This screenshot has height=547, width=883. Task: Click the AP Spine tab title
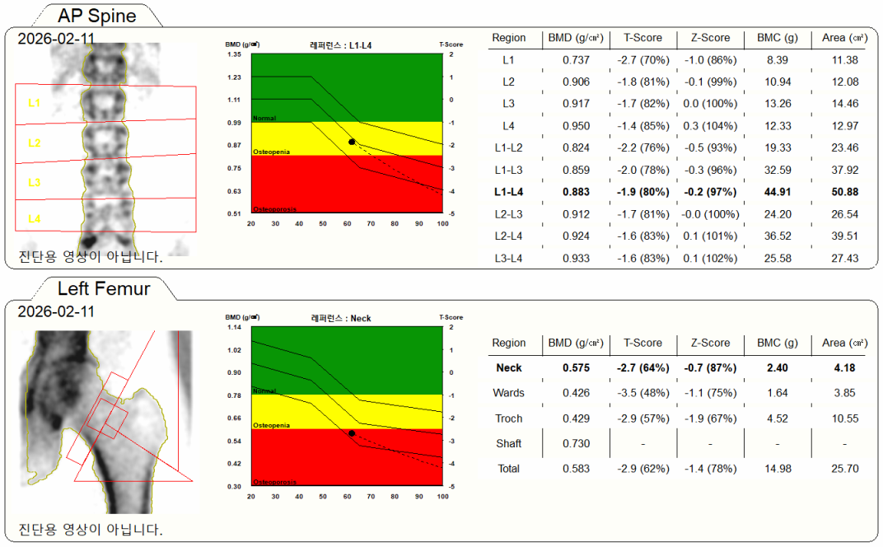point(97,15)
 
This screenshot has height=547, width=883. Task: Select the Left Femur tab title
point(104,288)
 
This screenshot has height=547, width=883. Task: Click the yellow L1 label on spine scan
point(34,103)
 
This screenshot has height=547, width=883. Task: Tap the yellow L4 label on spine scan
point(34,218)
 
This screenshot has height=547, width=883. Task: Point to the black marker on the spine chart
point(352,142)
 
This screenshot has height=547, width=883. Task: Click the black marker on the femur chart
point(352,432)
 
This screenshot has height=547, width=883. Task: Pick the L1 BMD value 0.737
point(576,60)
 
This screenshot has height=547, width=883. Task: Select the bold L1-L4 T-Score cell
point(642,192)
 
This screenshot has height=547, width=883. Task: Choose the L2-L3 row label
point(508,214)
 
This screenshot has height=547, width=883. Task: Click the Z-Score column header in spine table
point(710,38)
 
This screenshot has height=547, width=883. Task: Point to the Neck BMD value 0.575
point(576,367)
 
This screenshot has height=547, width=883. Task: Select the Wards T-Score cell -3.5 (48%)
point(642,393)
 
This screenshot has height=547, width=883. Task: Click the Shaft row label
point(508,443)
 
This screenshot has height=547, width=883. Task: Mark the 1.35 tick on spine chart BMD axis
point(234,54)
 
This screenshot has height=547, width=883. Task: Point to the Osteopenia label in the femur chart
point(270,425)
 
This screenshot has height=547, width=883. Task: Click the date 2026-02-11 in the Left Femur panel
point(56,311)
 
